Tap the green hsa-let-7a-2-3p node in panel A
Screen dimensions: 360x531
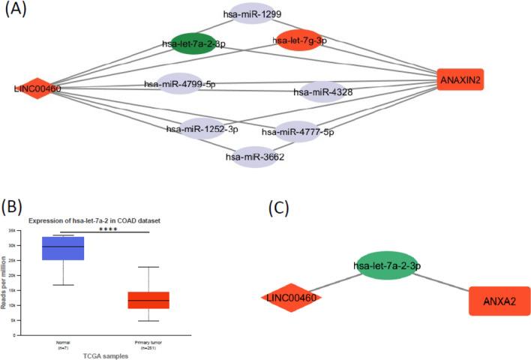pos(194,45)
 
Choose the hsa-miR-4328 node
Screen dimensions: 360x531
pos(322,92)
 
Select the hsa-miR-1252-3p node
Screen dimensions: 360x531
pos(202,129)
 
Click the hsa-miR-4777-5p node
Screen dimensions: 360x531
pos(298,132)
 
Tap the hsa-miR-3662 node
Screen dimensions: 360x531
pos(256,157)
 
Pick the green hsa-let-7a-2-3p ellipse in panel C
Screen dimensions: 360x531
pos(386,265)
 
